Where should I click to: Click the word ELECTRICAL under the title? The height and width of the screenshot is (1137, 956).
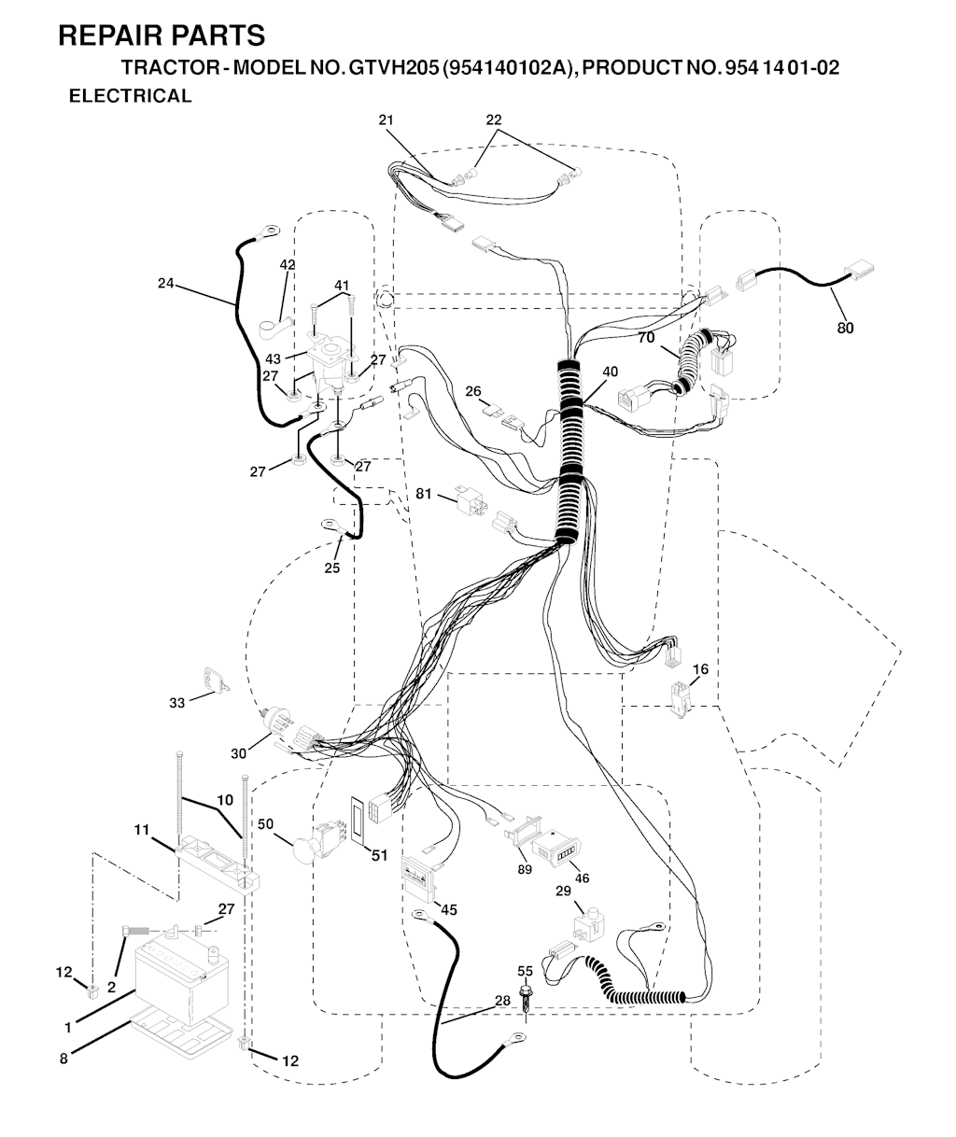[x=130, y=96]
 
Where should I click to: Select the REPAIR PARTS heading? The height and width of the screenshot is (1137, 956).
[x=162, y=35]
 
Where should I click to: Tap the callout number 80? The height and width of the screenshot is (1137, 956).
[x=845, y=328]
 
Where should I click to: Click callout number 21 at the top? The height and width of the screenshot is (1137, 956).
[x=386, y=119]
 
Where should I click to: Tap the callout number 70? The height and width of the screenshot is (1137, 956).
[x=646, y=338]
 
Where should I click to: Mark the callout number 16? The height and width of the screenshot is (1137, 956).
[x=700, y=668]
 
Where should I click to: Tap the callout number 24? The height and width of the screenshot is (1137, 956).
[x=165, y=283]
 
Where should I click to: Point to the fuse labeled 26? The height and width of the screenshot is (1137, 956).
[x=492, y=410]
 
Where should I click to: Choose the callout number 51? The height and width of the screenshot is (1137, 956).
[x=379, y=855]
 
